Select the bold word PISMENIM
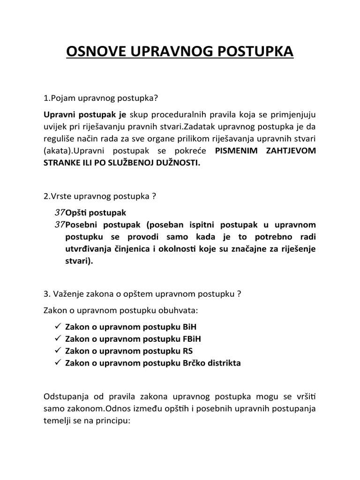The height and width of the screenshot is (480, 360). (236, 150)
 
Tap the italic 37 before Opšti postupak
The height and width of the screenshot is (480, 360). (60, 212)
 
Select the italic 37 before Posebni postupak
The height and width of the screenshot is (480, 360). (60, 225)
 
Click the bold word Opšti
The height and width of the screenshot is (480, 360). (76, 212)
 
